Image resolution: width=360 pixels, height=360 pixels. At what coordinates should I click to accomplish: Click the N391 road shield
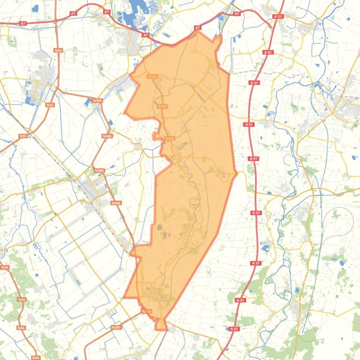[116, 328]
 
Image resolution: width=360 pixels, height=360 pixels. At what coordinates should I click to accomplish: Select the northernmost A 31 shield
[278, 16]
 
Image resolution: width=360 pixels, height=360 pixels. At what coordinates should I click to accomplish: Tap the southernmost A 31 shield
[234, 329]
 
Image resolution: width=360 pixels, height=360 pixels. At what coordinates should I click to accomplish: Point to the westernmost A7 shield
[22, 23]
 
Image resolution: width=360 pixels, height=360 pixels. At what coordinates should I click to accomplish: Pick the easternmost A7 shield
[237, 14]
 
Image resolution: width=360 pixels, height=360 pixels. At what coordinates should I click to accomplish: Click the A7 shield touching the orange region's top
[197, 28]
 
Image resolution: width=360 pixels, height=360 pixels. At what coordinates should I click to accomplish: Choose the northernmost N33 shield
[58, 50]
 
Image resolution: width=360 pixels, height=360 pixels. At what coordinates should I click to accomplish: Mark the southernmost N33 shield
[23, 136]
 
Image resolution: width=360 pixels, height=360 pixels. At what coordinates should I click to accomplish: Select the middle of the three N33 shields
[50, 105]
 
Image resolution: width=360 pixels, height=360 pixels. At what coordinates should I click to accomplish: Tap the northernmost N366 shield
[97, 101]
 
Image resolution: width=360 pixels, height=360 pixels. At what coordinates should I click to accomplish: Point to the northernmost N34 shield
[5, 267]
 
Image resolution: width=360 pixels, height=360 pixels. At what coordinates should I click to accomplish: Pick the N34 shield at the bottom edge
[36, 358]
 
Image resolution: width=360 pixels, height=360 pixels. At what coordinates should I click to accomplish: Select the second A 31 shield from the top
[268, 52]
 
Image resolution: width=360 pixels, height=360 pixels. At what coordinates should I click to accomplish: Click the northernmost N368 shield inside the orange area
[152, 77]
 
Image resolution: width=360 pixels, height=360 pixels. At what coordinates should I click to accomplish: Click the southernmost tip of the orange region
[162, 329]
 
